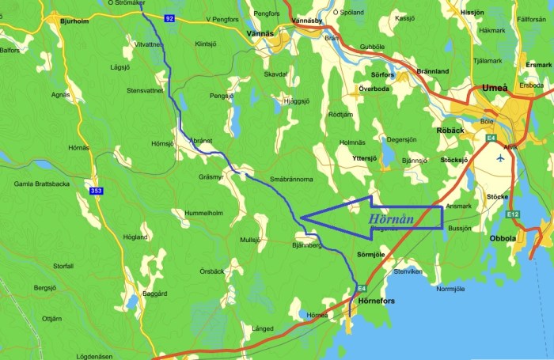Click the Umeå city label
click(494, 89)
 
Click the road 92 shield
click(169, 17)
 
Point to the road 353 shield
click(96, 191)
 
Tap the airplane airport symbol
click(500, 157)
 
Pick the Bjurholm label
click(74, 23)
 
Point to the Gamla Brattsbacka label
click(42, 184)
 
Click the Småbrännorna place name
click(291, 180)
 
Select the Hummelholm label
click(203, 213)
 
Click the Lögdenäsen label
click(100, 356)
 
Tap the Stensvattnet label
click(145, 90)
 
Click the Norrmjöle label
click(450, 289)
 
